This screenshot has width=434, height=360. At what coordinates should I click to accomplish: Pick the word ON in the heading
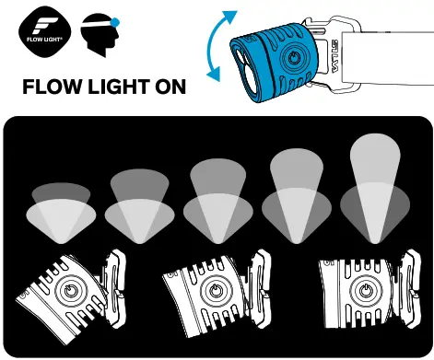tap(173, 87)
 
